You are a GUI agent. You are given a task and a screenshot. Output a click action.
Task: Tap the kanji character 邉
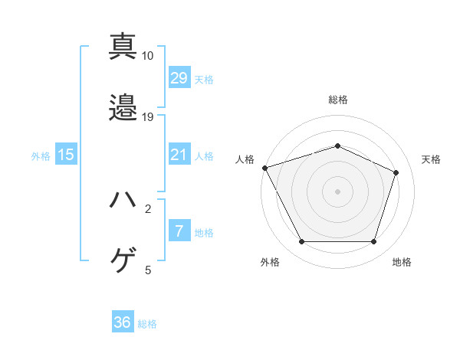pos(123,107)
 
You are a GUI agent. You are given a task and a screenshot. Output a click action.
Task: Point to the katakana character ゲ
pos(123,261)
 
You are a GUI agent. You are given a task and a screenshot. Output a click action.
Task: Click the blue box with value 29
pos(179,77)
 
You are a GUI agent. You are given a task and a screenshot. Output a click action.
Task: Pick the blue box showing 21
pos(179,155)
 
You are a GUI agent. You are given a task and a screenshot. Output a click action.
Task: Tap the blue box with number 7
pos(179,231)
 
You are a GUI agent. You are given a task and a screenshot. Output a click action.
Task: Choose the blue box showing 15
pos(66,155)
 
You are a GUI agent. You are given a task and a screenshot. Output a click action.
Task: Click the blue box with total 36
pos(123,322)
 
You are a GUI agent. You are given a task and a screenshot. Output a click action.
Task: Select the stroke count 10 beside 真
pos(148,56)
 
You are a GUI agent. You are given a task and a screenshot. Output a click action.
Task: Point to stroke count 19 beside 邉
pos(148,117)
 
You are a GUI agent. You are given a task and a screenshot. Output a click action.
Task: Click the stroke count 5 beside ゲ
pos(148,270)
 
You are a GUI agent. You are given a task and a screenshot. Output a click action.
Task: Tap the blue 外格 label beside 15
pos(40,155)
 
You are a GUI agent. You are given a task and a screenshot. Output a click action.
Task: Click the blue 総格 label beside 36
pos(147,324)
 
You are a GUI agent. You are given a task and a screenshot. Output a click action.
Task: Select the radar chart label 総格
pos(337,100)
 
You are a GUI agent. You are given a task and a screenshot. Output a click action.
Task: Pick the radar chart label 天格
pos(432,159)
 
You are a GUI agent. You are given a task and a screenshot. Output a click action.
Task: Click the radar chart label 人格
pos(245,159)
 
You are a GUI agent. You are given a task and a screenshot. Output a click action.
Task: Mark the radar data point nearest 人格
pos(264,167)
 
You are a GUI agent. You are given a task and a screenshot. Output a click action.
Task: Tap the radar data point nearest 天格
pos(396,172)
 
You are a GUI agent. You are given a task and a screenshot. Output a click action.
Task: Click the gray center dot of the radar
pos(337,191)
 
